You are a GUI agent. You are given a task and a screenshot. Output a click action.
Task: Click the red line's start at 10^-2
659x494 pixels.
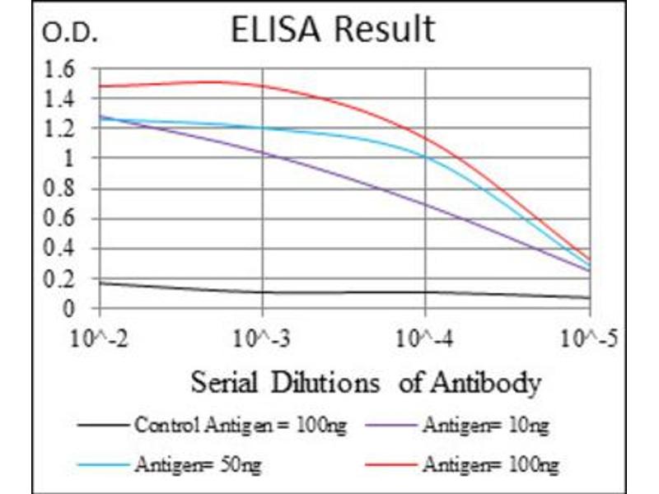coord(100,86)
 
